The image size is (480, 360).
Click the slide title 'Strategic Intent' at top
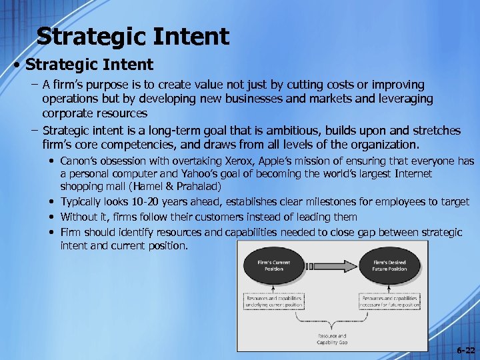[x=133, y=36]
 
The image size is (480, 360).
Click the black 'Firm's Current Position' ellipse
[x=274, y=266]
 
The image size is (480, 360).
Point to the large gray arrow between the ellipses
[x=331, y=266]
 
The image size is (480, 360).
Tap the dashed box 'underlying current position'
[x=274, y=301]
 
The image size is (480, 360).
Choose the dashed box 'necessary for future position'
[x=390, y=301]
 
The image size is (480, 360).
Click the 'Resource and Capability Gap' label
[x=332, y=340]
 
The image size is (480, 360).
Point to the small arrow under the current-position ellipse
[x=274, y=285]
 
